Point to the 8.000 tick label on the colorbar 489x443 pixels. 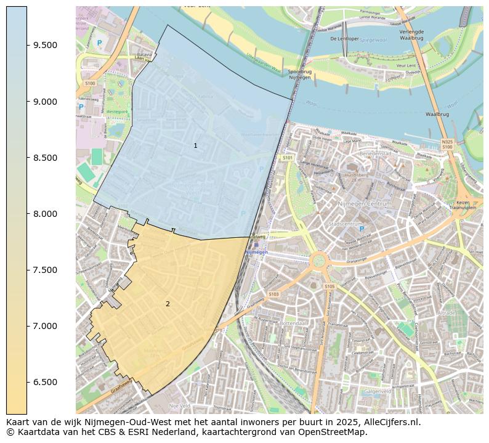(x=46, y=214)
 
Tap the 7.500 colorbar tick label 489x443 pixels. (x=46, y=270)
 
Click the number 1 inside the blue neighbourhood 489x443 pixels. (x=195, y=146)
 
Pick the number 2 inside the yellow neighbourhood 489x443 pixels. (x=168, y=304)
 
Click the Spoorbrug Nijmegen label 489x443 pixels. (x=300, y=74)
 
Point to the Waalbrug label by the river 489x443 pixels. (x=437, y=114)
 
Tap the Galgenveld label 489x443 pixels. (x=378, y=391)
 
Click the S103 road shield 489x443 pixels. (x=273, y=295)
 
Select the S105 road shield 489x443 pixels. (x=329, y=286)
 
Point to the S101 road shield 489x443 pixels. (x=287, y=158)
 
